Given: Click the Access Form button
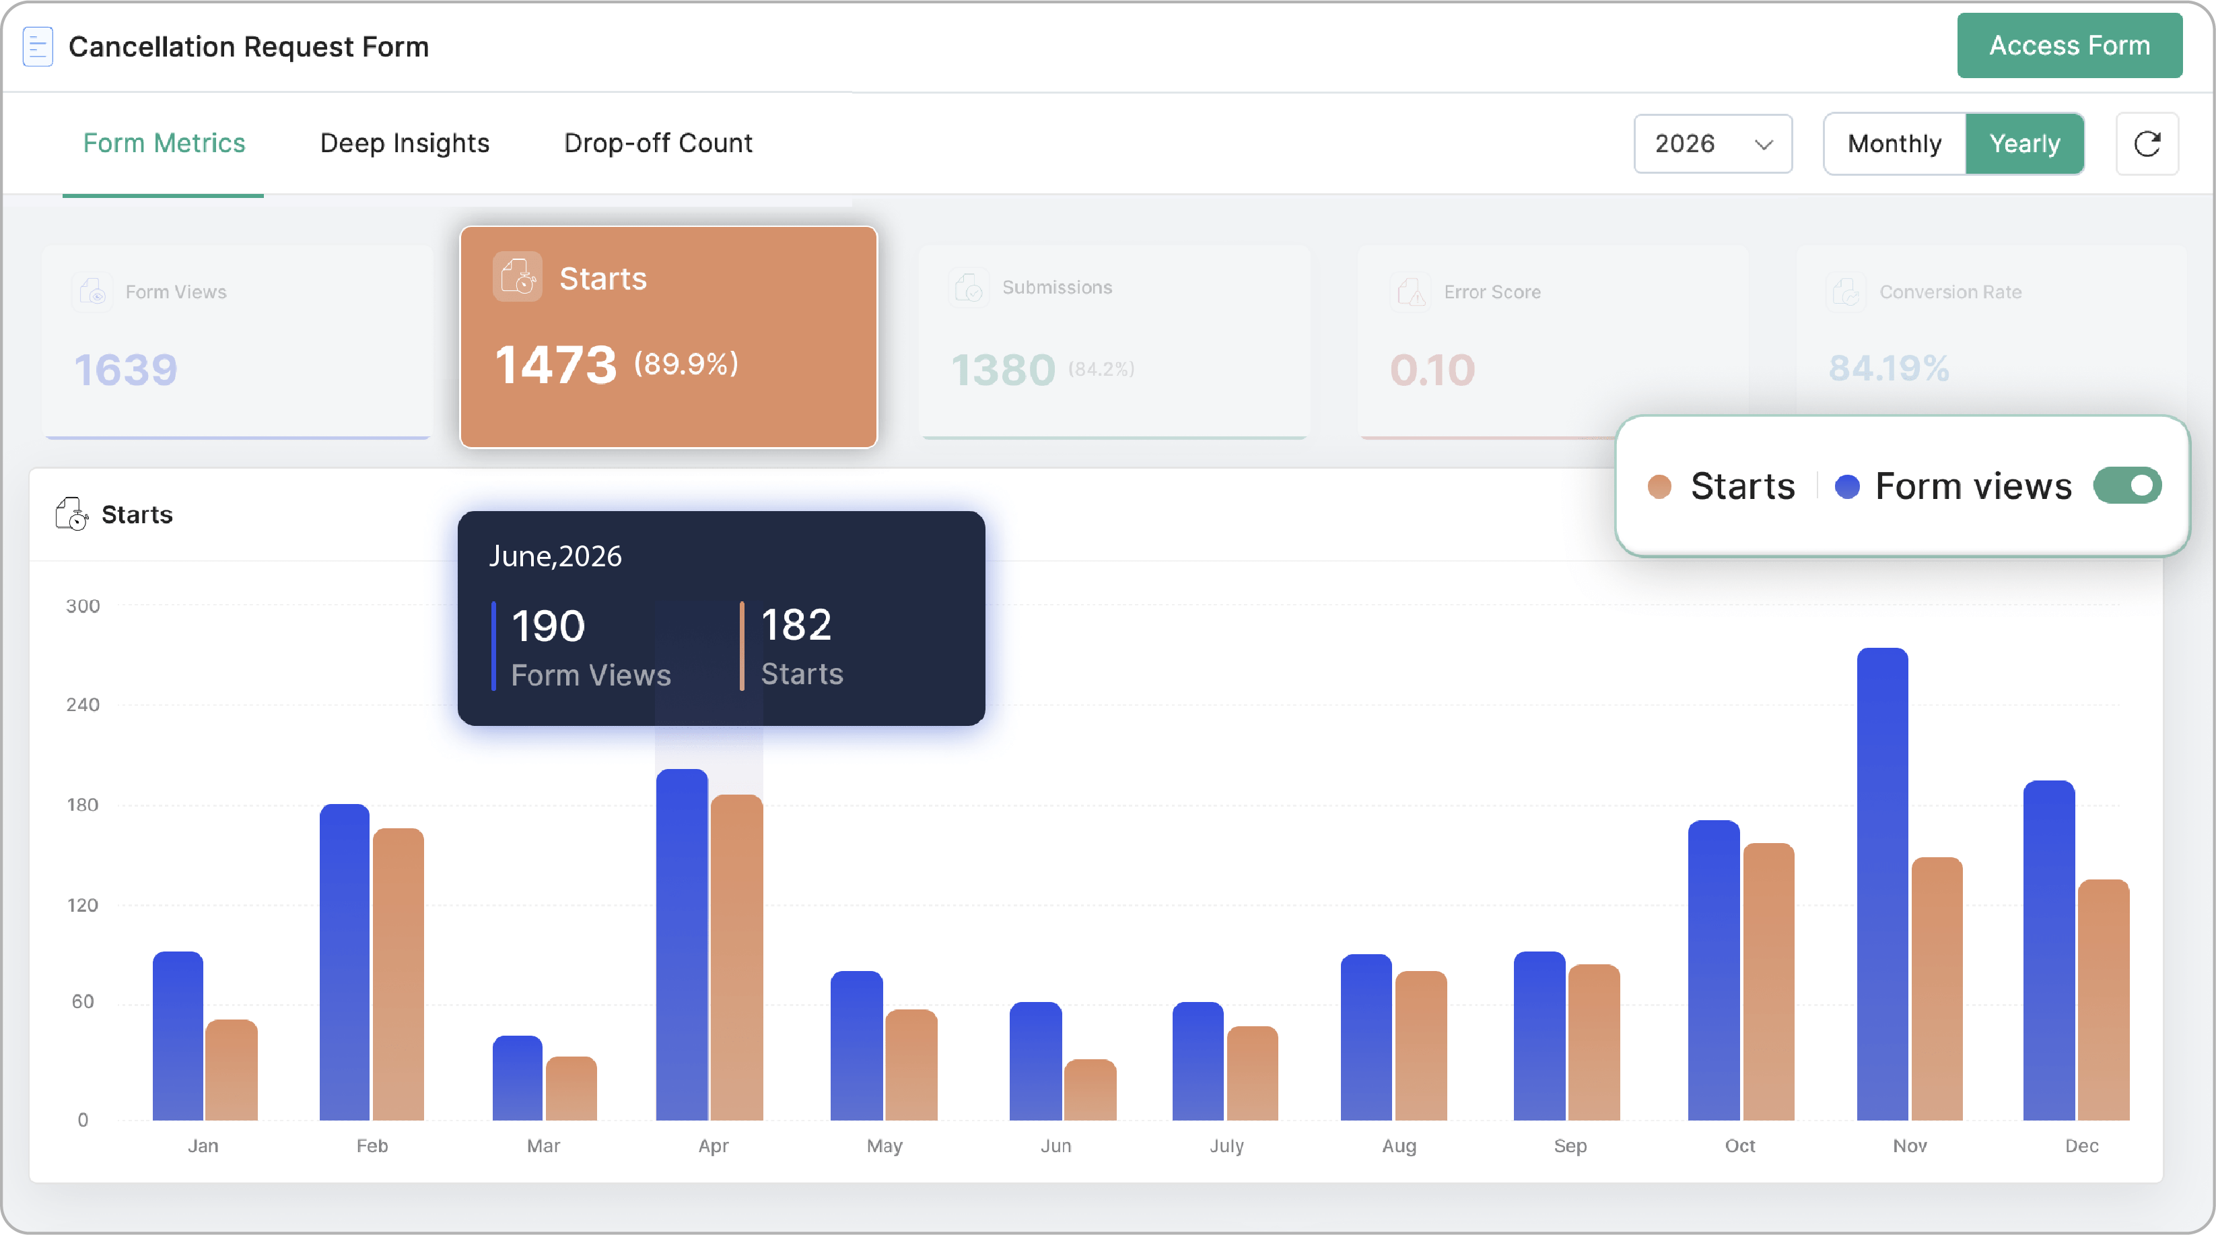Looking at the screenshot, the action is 2069,46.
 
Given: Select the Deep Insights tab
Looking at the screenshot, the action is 405,143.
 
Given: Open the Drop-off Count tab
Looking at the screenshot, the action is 658,143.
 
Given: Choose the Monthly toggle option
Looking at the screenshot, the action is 1894,143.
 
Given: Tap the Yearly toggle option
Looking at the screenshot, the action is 2024,143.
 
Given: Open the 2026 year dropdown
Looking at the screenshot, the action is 1712,143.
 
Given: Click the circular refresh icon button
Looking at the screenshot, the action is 2147,143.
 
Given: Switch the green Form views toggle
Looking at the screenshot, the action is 2126,486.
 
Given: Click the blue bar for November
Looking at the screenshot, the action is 1882,884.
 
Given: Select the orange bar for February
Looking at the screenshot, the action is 399,974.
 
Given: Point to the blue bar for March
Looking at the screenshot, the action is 517,1077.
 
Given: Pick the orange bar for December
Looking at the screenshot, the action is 2104,1000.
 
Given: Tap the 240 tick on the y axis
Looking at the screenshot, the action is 83,705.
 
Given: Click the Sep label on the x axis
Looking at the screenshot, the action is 1570,1145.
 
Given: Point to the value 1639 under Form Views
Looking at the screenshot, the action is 126,370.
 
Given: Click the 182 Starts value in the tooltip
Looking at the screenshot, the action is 796,624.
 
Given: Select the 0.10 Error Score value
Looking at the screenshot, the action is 1432,370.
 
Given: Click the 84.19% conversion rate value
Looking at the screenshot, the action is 1888,368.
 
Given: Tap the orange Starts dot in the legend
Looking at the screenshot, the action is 1659,486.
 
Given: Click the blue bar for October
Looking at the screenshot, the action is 1714,970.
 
